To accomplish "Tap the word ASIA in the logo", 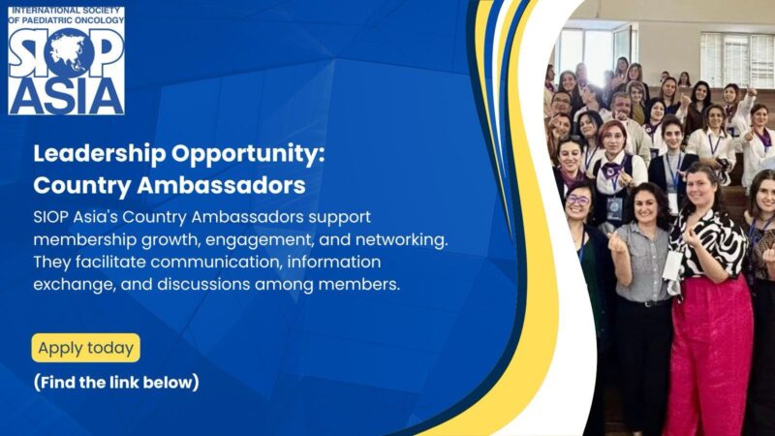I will click(67, 94).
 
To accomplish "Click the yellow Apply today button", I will click(85, 348).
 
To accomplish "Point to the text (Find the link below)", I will click(116, 382).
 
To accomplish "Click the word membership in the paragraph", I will click(85, 238).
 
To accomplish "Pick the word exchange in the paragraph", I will click(68, 285).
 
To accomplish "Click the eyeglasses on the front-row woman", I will click(579, 201).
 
